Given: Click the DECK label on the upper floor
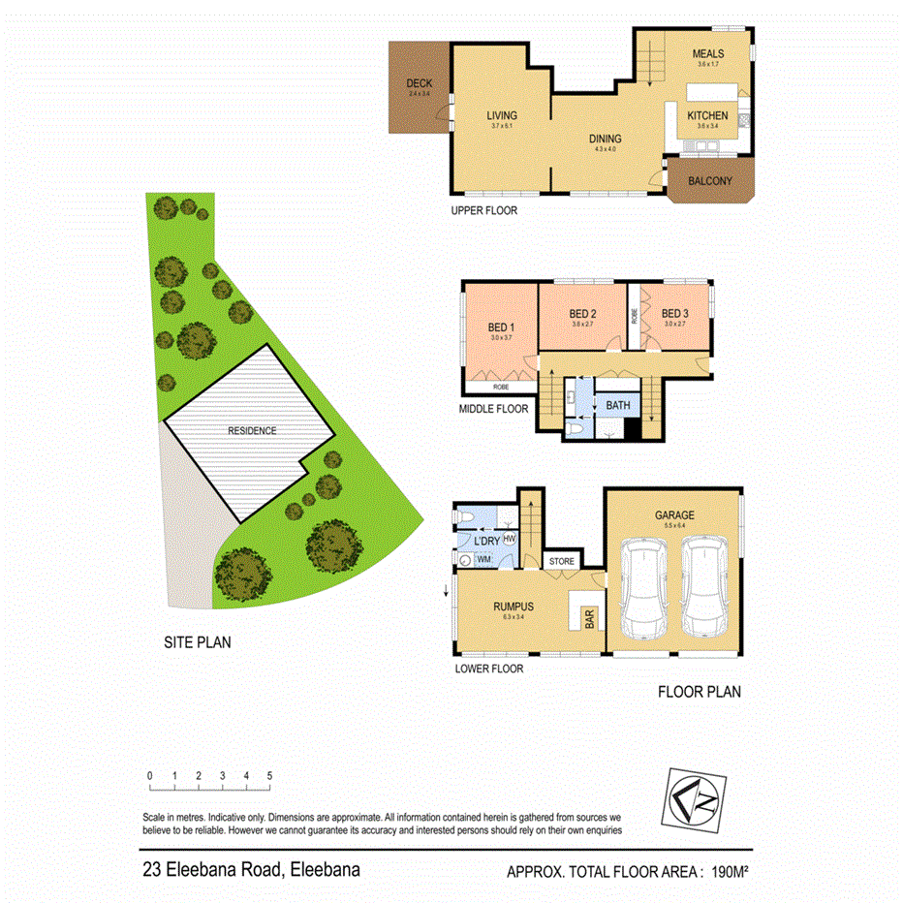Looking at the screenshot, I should [x=419, y=83].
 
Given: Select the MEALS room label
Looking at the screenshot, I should [x=709, y=53].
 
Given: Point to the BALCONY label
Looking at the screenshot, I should [x=709, y=181].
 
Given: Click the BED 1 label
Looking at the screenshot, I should [x=500, y=327].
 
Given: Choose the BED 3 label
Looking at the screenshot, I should [x=674, y=314].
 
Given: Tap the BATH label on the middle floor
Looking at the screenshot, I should [x=618, y=405].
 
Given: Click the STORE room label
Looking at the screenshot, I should [x=562, y=561].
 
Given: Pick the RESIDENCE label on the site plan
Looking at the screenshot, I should [x=252, y=431].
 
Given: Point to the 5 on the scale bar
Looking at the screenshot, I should [x=269, y=776].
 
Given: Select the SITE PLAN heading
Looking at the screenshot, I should [x=197, y=641].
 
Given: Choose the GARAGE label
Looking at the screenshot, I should [x=674, y=515].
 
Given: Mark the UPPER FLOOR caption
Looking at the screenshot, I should [x=484, y=210].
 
